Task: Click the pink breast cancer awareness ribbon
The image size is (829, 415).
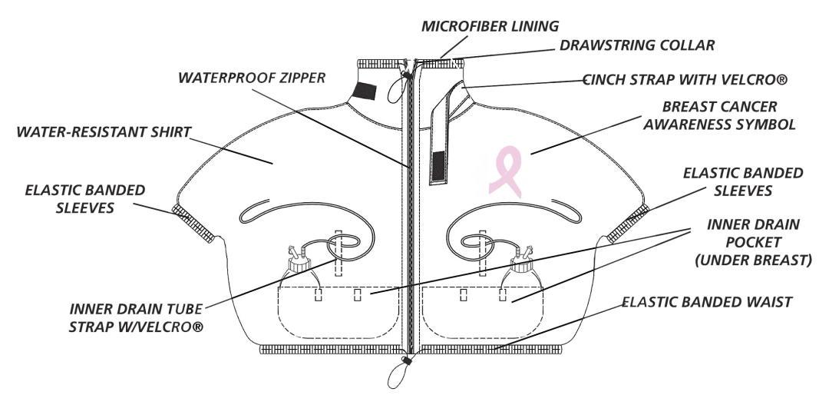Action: [505, 171]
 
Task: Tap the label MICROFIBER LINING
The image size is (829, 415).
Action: [490, 26]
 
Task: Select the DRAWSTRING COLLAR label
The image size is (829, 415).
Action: [637, 45]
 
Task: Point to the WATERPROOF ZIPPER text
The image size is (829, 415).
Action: [252, 78]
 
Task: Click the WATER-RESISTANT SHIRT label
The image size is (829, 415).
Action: [104, 132]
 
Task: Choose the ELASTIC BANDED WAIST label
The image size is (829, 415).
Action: [706, 302]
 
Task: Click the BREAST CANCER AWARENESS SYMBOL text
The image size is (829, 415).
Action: [719, 115]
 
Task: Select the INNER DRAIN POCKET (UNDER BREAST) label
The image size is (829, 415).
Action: [754, 242]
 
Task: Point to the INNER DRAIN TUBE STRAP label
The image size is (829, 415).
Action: [137, 317]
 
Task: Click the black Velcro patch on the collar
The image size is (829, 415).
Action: [365, 91]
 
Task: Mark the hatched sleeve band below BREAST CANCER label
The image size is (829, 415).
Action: [628, 224]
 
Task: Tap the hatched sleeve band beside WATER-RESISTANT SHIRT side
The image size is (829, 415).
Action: [193, 224]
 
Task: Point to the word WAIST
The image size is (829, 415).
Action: [770, 302]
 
